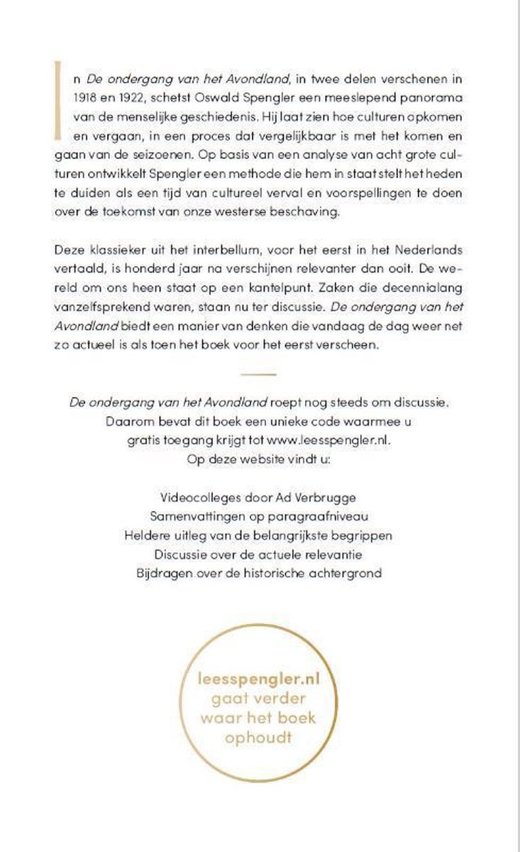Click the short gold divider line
click(x=258, y=373)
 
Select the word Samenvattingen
click(x=193, y=513)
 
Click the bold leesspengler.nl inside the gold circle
click(x=259, y=679)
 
